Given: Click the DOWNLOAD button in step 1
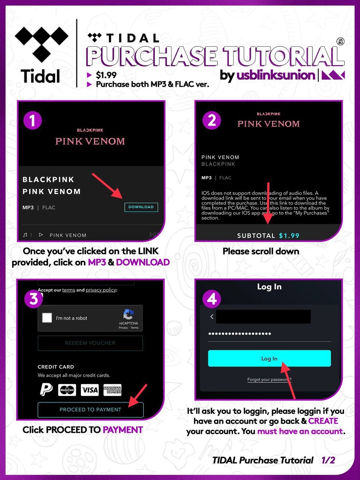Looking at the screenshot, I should coord(141,207).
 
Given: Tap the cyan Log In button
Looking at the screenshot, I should coord(269,358).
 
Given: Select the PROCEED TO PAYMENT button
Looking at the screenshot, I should coord(90,410).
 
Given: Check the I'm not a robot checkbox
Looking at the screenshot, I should coord(47,318).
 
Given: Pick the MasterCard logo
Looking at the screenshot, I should coord(67,390).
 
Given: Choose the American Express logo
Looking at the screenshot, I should coord(112,390).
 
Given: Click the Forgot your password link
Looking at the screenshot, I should coord(269,380).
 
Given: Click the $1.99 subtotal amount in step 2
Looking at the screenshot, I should coord(289,236).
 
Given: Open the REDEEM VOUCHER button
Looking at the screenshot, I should coord(90,343).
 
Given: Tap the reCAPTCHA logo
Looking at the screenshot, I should coord(128,314).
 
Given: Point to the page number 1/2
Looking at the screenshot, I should coord(328,460).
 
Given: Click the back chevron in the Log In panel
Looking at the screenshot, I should coord(212,317).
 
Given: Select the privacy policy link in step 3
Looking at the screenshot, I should coord(101,290).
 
